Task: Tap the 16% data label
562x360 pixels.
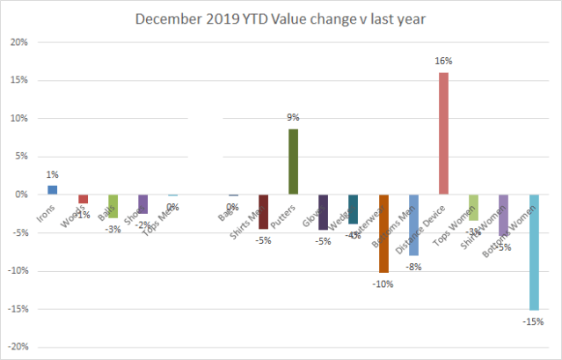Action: click(443, 62)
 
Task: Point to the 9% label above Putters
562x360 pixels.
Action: click(293, 118)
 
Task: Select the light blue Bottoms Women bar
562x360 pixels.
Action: click(534, 252)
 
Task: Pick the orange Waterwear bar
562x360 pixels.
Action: click(383, 233)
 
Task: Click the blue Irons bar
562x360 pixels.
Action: click(52, 190)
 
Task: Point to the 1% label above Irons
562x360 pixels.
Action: click(52, 175)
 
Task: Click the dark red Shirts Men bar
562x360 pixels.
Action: click(263, 211)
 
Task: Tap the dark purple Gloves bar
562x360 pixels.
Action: click(323, 212)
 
